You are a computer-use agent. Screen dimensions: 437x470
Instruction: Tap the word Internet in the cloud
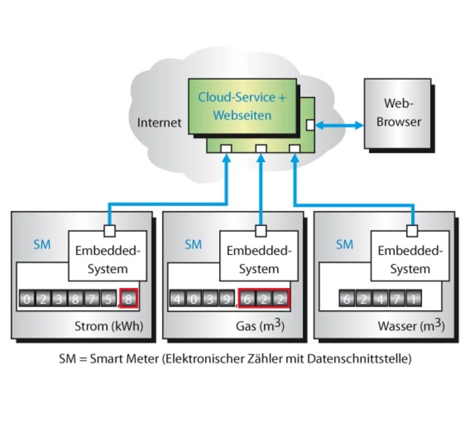tap(159, 122)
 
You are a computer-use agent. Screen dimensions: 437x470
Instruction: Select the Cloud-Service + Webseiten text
tap(242, 106)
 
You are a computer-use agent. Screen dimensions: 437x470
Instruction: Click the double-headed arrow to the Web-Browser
tap(339, 125)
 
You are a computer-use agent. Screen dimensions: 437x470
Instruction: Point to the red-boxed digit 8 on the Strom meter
tap(129, 299)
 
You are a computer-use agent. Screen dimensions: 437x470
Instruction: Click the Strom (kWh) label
tap(109, 326)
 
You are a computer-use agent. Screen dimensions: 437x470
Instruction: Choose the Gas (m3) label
tap(260, 325)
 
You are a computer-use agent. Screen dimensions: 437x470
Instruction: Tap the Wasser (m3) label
tap(411, 325)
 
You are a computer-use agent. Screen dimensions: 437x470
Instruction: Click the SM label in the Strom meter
tap(42, 245)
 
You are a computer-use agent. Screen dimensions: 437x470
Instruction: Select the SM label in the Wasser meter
tap(344, 245)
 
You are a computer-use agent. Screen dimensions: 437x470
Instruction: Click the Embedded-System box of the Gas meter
tap(258, 260)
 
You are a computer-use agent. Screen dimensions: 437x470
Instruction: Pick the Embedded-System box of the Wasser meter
tap(410, 260)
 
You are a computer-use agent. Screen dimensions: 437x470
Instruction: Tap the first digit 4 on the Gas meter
tap(177, 299)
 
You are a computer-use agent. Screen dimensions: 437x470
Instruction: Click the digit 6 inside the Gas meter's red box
tap(247, 299)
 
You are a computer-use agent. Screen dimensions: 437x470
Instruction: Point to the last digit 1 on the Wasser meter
tap(413, 299)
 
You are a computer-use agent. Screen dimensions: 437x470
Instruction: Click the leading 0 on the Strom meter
tap(26, 299)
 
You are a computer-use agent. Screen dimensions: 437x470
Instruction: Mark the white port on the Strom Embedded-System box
tap(109, 231)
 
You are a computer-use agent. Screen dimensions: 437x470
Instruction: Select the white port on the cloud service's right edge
tap(310, 125)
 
